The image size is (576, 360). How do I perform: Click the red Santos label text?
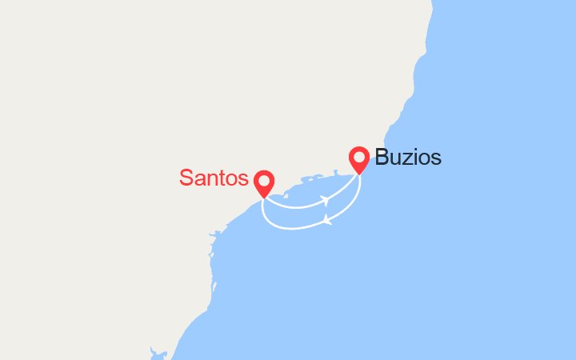214,177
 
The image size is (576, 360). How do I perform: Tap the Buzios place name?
408,158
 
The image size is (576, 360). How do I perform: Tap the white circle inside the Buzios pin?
359,157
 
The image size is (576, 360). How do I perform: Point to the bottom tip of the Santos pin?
263,198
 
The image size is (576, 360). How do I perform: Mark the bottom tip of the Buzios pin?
359,174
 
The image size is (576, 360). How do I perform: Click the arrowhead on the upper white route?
325,199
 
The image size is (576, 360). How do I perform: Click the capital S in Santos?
186,177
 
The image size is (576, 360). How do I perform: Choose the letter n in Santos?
210,178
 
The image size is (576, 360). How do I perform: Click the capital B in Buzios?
382,158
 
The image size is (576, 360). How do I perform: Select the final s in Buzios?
436,159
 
